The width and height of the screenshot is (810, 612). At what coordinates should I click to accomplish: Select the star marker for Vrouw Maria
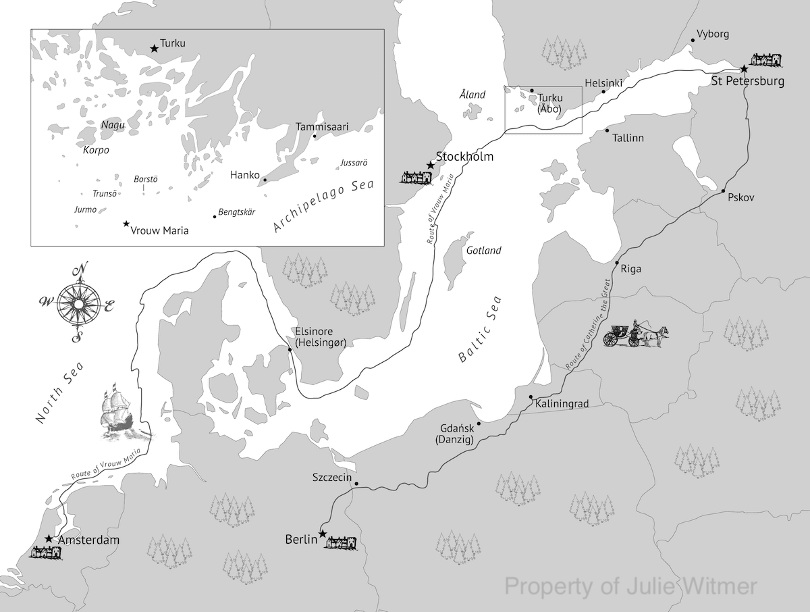126,224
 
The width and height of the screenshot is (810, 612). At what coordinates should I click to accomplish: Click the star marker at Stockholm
430,164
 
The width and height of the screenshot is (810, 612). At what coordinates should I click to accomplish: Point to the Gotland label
483,251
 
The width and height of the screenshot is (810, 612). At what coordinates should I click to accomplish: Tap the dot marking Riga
616,262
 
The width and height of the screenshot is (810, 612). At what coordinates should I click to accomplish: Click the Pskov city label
741,197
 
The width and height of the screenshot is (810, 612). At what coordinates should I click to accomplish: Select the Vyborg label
713,34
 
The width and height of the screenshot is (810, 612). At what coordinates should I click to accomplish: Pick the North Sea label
59,393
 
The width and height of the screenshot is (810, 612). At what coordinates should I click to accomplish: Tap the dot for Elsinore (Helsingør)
290,349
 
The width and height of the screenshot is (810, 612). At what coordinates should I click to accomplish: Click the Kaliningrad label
562,404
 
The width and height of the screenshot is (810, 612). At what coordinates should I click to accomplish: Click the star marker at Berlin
323,534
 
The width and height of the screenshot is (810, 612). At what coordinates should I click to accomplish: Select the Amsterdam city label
88,540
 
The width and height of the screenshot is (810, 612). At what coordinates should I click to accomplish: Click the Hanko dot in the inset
265,180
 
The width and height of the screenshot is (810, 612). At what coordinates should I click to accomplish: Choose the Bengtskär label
237,212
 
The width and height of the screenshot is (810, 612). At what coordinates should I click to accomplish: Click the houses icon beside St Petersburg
766,60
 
